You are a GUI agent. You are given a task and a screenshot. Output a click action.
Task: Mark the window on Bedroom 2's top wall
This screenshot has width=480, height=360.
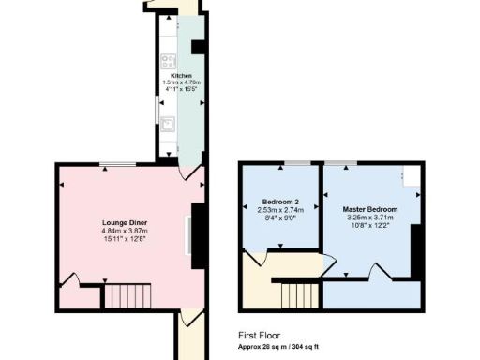tap(298, 163)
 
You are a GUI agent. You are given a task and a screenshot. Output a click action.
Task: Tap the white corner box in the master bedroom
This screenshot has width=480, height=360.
tap(411, 174)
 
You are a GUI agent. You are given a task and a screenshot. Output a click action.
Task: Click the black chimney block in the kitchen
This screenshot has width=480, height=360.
tap(199, 48)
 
